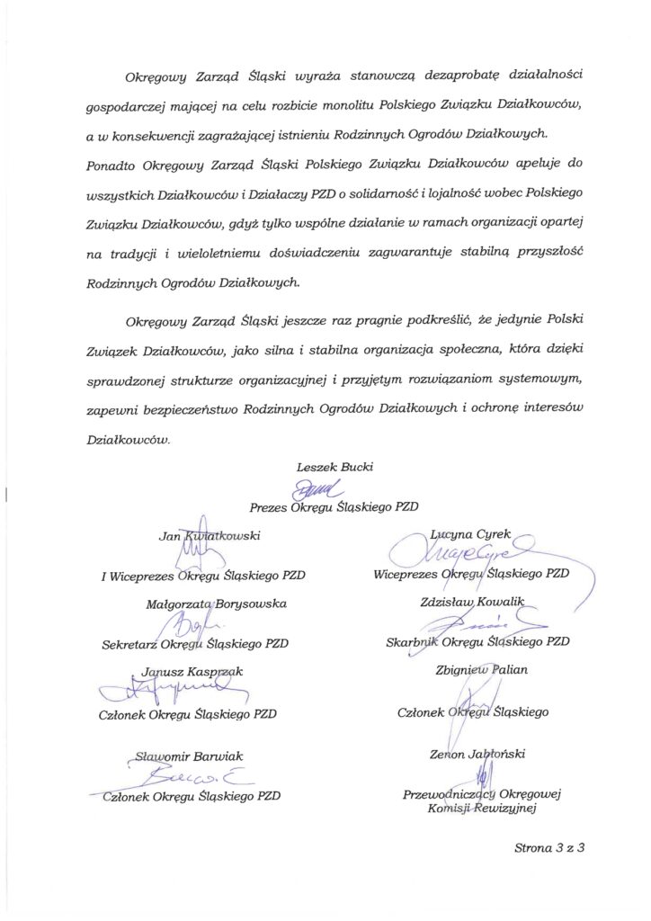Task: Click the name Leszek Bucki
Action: [x=334, y=466]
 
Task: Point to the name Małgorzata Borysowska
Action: [x=216, y=604]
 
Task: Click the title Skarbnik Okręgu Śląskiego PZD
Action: [x=471, y=641]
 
